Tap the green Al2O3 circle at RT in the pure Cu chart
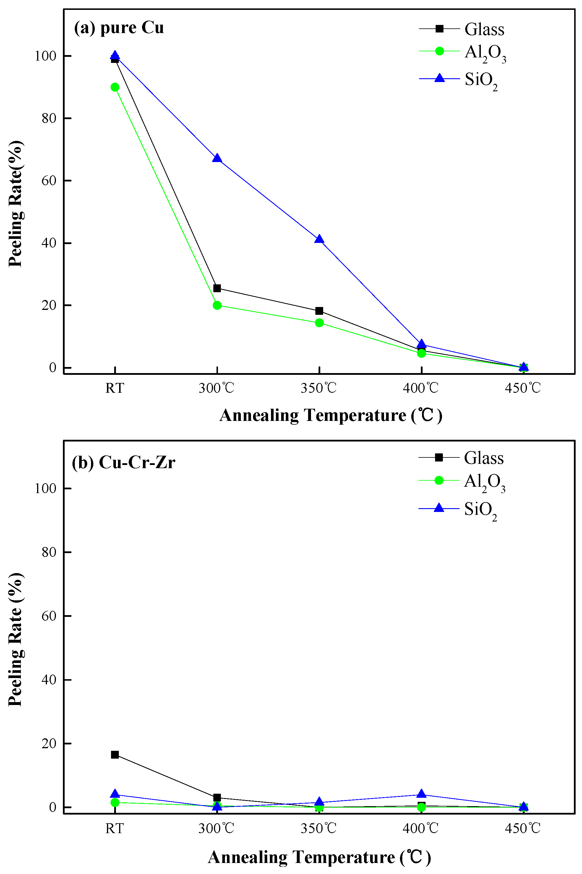[x=115, y=87]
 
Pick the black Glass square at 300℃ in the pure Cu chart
[x=217, y=288]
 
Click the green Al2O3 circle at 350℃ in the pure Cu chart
[x=319, y=323]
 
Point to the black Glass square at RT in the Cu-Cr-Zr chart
[x=115, y=755]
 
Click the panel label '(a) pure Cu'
[x=119, y=28]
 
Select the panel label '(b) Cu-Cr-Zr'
[x=123, y=462]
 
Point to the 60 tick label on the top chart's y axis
[x=49, y=181]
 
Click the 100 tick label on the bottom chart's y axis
[x=45, y=488]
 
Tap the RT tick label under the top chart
[x=114, y=388]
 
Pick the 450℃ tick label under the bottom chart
[x=523, y=828]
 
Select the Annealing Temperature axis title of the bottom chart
[x=319, y=857]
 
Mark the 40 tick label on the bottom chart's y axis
[x=49, y=679]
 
